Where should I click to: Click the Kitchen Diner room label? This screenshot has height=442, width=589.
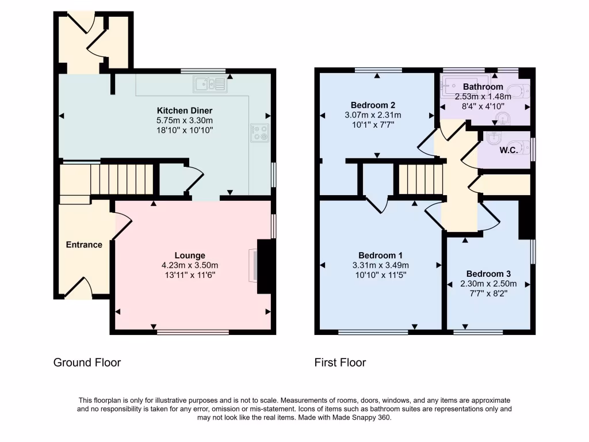tap(185, 110)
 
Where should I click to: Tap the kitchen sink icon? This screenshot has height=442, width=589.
tap(211, 85)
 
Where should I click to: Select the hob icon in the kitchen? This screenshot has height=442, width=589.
tap(259, 133)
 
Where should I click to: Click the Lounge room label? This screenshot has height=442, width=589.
tap(190, 256)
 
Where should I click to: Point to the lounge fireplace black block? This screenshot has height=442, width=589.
tap(265, 267)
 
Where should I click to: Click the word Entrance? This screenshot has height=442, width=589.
tap(84, 245)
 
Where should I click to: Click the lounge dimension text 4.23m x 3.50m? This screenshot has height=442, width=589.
tap(190, 265)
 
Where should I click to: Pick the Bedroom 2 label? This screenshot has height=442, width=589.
tap(373, 105)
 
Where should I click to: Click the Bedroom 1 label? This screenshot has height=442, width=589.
tap(380, 256)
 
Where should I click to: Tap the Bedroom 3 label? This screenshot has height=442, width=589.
tap(488, 274)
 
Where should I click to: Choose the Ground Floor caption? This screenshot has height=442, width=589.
tap(87, 363)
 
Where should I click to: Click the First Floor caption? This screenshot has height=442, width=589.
tap(340, 363)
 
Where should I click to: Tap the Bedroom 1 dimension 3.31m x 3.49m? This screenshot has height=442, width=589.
tap(380, 265)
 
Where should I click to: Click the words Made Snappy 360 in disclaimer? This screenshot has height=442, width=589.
tap(364, 418)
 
